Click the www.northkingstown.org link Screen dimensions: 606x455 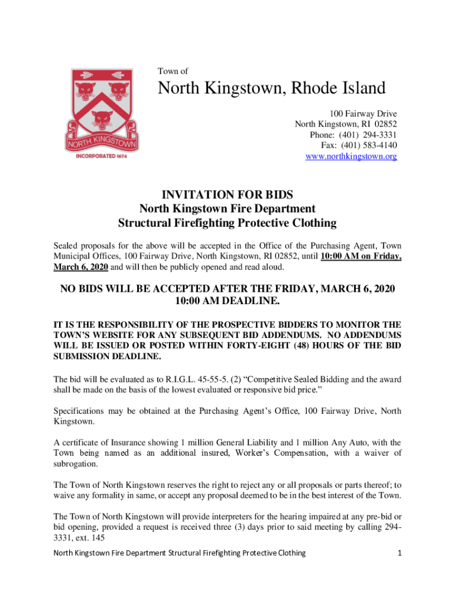[351, 156]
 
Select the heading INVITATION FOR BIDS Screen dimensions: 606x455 [227, 195]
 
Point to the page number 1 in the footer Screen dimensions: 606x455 [400, 553]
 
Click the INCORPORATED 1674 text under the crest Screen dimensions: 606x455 [103, 157]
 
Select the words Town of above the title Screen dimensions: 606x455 [173, 71]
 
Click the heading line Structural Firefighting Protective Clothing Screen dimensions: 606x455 [227, 223]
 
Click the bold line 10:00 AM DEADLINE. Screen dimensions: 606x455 [227, 301]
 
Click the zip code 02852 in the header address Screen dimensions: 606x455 [385, 124]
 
